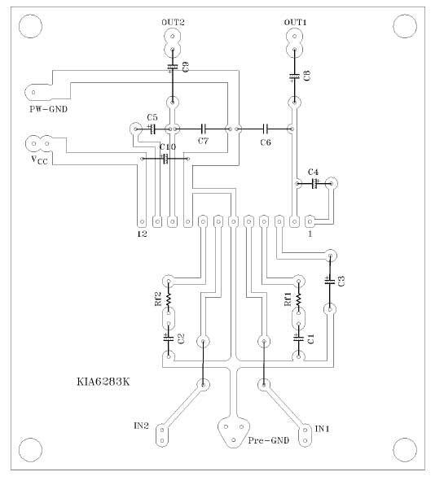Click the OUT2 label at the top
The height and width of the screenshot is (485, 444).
coord(173,22)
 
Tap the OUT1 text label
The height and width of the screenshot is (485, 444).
coord(295,22)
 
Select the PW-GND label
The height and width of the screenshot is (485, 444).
coord(48,109)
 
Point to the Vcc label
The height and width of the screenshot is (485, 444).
coord(40,160)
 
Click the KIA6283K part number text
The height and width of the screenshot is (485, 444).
coord(103,382)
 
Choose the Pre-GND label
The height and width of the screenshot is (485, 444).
coord(269,440)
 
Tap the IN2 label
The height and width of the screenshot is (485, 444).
coord(141,426)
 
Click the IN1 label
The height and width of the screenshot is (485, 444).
coord(322,429)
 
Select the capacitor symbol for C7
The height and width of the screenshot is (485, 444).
coord(203,128)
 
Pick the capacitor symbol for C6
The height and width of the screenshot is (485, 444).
coord(266,128)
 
